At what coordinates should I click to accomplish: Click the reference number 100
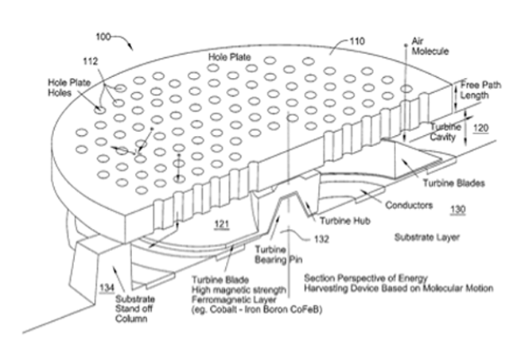tap(103, 37)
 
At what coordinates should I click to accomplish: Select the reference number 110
tap(357, 41)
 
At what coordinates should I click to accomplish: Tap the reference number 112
tap(91, 61)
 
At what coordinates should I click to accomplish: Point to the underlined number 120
tap(480, 128)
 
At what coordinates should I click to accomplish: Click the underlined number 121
tap(222, 224)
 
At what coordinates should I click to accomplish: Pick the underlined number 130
tap(457, 210)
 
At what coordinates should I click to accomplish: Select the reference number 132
tap(321, 239)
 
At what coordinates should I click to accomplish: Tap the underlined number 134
tap(107, 288)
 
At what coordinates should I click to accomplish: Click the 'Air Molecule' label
tap(430, 46)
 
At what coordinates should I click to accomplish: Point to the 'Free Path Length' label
tap(480, 90)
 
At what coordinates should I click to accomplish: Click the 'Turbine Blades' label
tap(453, 184)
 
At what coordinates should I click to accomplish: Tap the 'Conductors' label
tap(409, 205)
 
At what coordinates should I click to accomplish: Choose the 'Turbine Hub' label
tap(345, 221)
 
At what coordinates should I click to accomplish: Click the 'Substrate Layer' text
tap(427, 238)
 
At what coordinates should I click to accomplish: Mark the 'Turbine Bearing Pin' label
tap(278, 254)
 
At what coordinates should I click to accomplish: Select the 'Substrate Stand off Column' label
tap(135, 309)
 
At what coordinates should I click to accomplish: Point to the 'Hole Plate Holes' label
tap(69, 87)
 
